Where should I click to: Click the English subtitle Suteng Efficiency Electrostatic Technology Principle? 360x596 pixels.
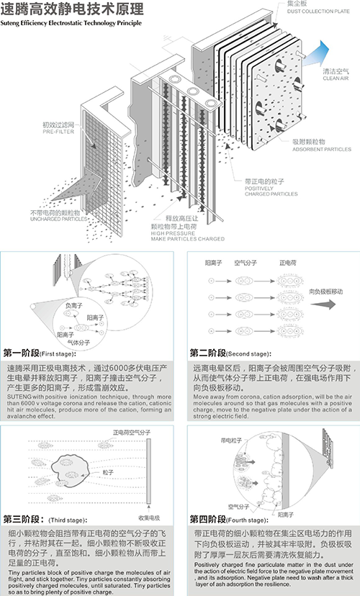[72, 24]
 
